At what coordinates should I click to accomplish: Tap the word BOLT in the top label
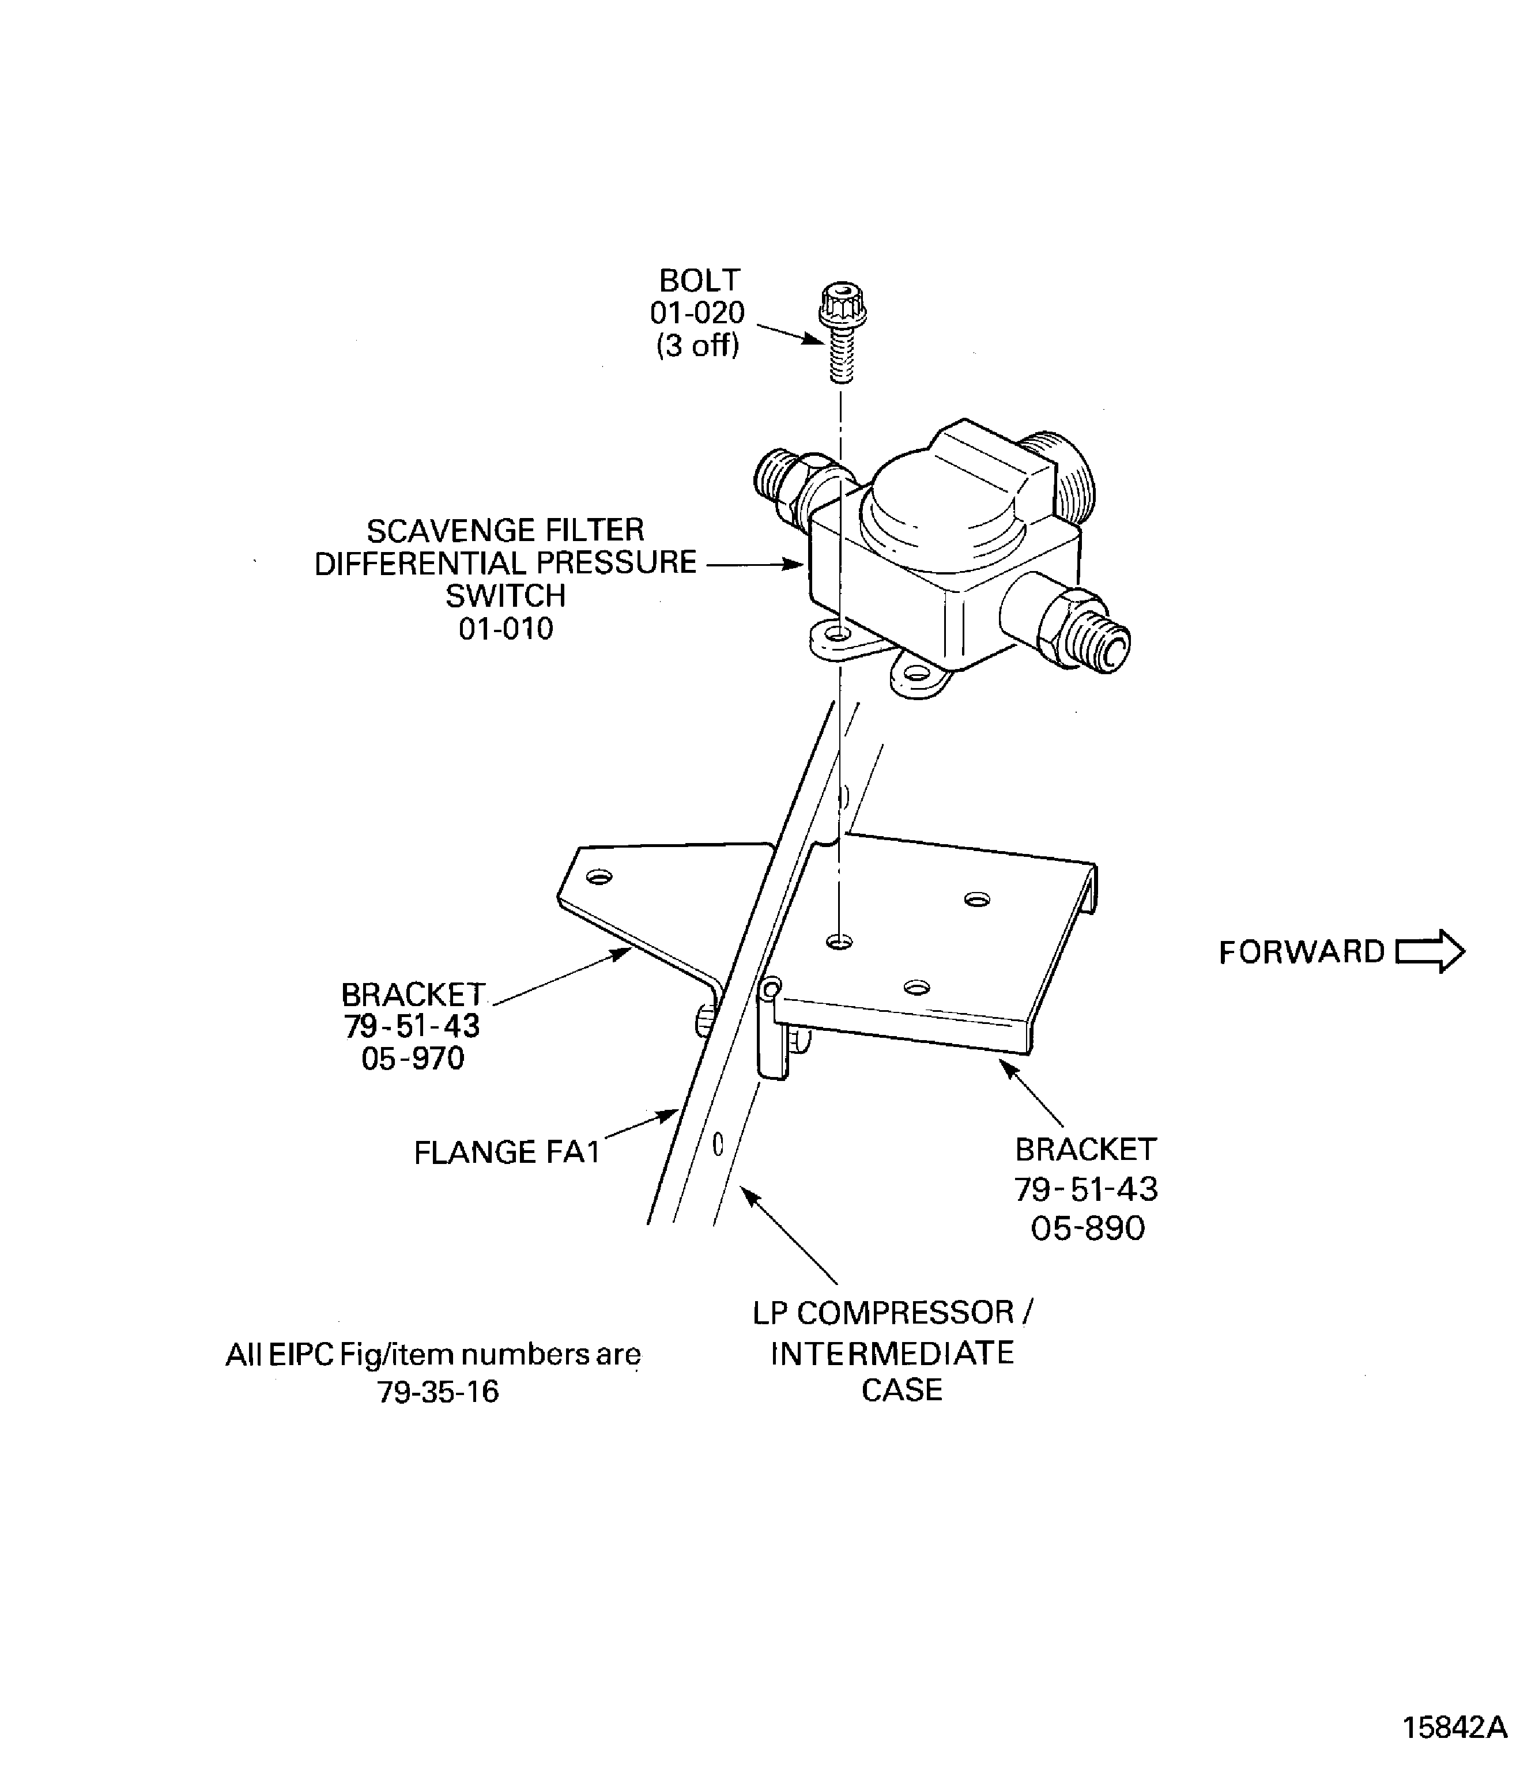699,281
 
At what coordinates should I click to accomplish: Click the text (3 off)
697,346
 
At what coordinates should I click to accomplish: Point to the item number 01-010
506,629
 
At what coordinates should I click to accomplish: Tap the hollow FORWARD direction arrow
1430,951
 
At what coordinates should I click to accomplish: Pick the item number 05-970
413,1059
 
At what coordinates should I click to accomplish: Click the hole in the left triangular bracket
599,878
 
